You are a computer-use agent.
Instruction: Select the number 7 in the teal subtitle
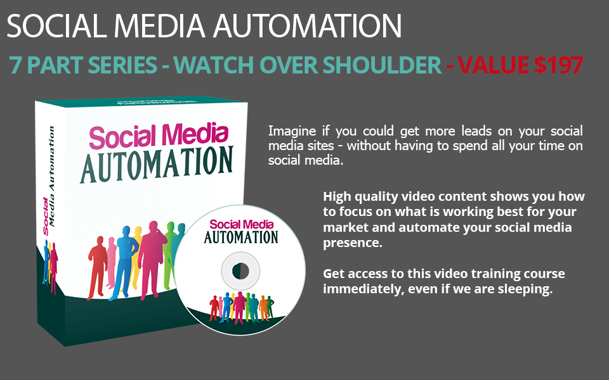point(16,65)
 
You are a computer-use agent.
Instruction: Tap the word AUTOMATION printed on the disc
point(241,237)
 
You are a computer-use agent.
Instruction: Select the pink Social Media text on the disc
point(241,224)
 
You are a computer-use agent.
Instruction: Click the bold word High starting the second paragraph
point(337,196)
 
